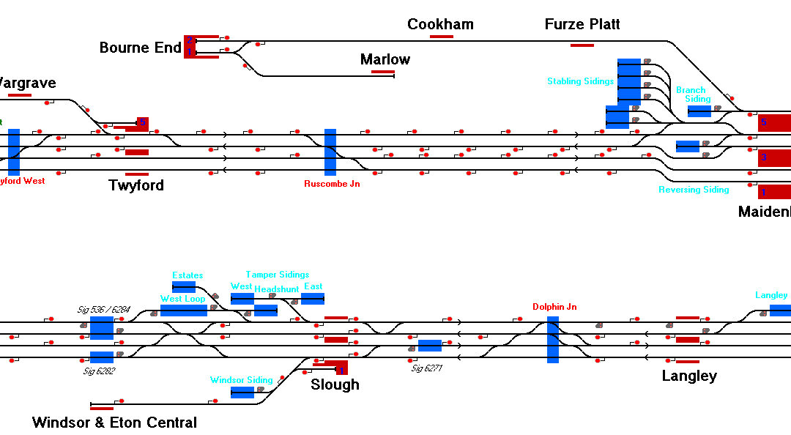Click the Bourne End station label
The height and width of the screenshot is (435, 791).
pos(140,48)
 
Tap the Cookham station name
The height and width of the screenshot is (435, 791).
pos(440,25)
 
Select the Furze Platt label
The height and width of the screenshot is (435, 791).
pos(582,25)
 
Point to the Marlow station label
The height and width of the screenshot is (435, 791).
pos(385,60)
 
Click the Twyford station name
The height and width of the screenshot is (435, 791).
pos(136,185)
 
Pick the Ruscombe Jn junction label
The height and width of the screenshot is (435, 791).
pos(332,184)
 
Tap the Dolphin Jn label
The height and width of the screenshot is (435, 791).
pos(554,307)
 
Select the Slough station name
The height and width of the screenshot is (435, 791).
pos(335,384)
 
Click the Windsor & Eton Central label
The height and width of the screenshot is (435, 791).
pos(114,423)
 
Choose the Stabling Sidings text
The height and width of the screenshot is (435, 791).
pos(580,81)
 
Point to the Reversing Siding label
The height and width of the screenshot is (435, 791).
pos(694,190)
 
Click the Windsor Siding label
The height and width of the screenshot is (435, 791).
pos(241,380)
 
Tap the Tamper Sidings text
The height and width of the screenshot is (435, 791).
pos(277,275)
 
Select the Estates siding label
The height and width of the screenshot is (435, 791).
pos(187,275)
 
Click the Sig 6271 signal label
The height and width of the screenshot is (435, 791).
pos(426,368)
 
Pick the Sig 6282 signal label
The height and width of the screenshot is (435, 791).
pos(100,371)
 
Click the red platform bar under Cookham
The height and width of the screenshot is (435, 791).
pos(442,36)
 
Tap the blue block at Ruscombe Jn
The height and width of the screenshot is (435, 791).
pos(330,152)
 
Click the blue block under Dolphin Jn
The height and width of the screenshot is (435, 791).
pos(553,340)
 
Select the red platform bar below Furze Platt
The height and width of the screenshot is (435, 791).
pos(582,45)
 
